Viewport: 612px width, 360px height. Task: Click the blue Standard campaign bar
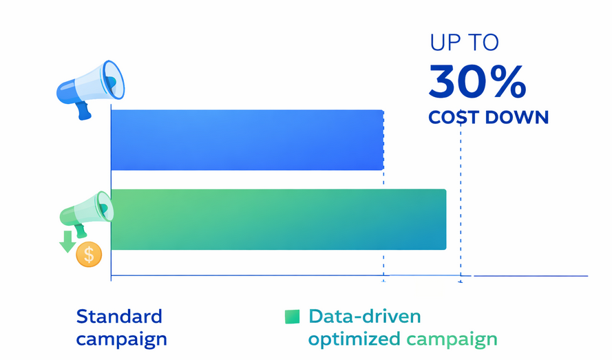[x=246, y=140]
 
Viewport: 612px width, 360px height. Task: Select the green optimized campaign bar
[x=278, y=219]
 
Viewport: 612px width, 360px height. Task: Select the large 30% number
[x=477, y=82]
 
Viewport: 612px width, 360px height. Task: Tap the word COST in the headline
[x=454, y=117]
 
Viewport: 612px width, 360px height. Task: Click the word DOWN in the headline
[x=517, y=117]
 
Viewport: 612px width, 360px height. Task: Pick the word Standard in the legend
[x=119, y=317]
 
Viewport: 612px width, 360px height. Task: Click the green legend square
[x=293, y=316]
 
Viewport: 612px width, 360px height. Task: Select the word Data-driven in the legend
[x=365, y=317]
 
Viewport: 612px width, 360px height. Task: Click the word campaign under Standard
[x=121, y=339]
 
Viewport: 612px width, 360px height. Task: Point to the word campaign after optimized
[x=452, y=339]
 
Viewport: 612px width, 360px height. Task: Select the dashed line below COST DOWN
[x=461, y=200]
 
